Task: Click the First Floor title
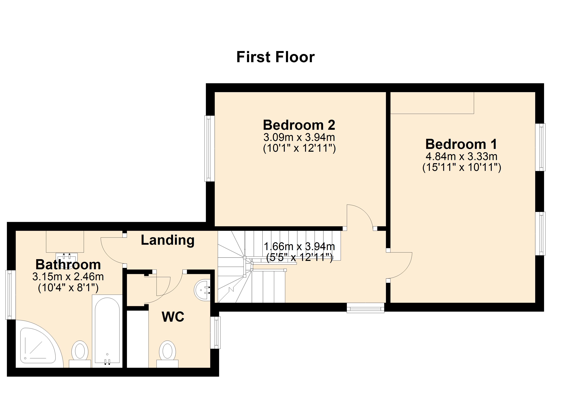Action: (275, 57)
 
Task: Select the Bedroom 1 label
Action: (461, 144)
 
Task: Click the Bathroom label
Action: (68, 264)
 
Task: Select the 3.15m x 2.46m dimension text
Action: (68, 277)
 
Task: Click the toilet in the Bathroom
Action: (80, 353)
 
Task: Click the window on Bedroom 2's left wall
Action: (209, 149)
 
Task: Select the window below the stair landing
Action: (365, 308)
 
